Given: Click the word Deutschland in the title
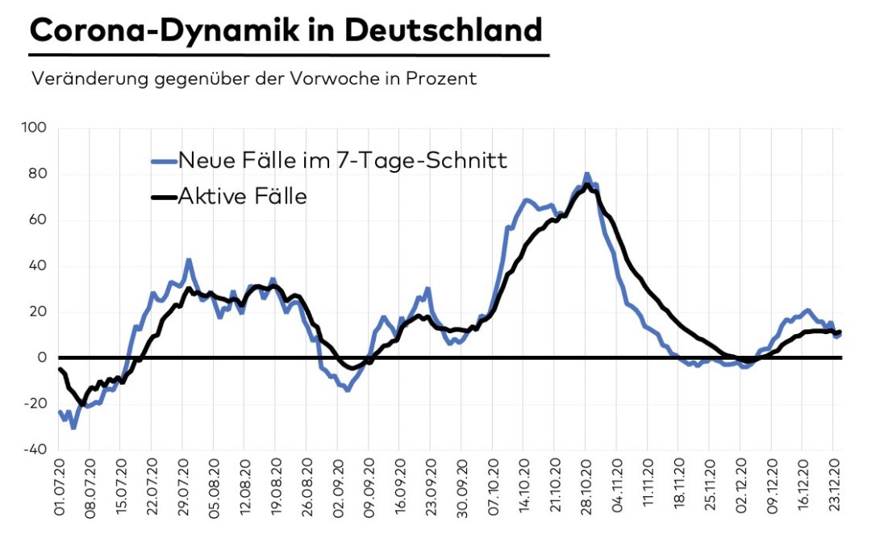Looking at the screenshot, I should click(x=443, y=30).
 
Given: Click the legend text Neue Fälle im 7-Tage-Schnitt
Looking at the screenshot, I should click(x=343, y=160).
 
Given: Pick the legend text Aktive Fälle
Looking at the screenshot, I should click(x=243, y=195).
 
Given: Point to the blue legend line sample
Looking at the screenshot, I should click(x=163, y=161).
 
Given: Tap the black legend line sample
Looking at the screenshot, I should click(x=163, y=196).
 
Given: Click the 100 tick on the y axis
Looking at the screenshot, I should click(x=37, y=128).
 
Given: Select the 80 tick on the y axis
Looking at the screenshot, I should click(x=40, y=174).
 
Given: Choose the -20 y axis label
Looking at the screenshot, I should click(x=36, y=404).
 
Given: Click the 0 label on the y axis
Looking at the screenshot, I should click(x=43, y=358).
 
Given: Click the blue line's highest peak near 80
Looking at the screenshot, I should click(x=587, y=174).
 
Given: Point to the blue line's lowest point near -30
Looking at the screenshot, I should click(x=73, y=428).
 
